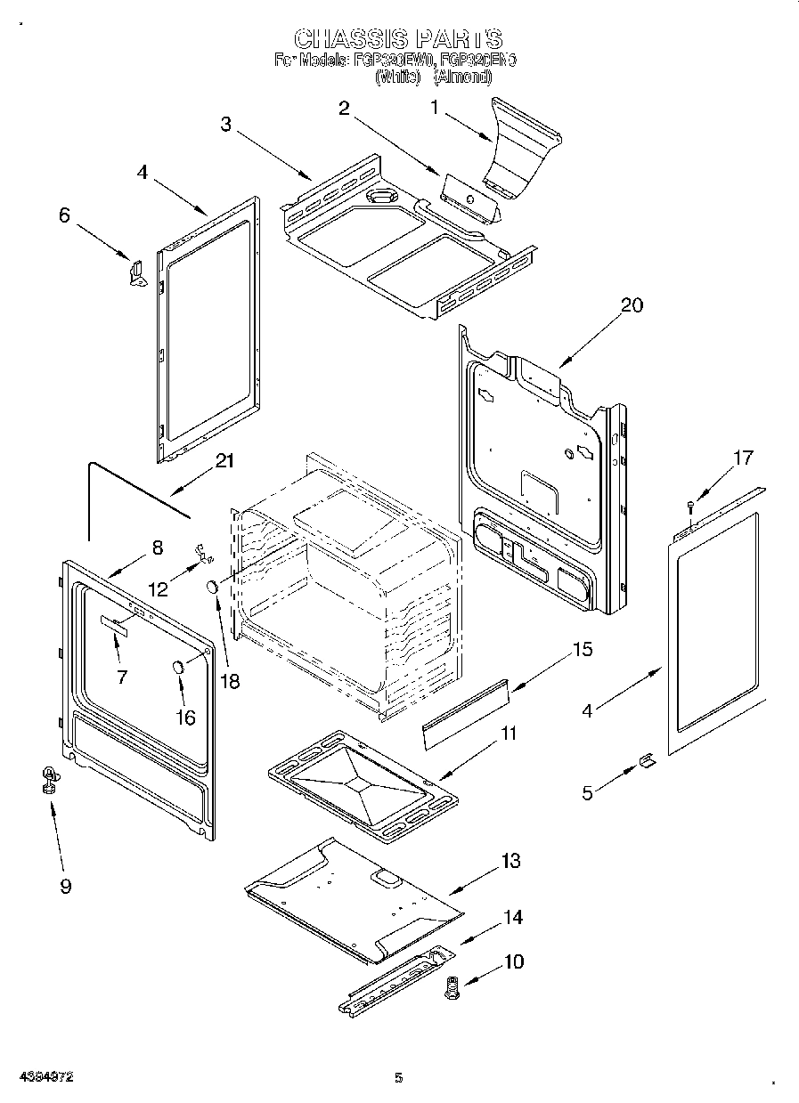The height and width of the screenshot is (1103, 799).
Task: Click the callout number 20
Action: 632,304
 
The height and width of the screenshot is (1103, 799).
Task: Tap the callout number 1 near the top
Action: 435,108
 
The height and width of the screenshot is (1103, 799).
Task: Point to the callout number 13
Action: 510,861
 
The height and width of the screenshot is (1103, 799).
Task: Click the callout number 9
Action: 65,886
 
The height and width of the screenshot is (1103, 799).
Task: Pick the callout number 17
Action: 742,458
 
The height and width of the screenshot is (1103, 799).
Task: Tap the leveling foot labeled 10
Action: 453,987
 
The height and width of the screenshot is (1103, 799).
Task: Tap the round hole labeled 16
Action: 178,667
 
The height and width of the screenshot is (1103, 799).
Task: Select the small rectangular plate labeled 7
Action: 114,626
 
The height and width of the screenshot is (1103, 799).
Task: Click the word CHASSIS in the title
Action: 351,38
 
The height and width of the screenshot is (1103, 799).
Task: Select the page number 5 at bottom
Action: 398,1077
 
